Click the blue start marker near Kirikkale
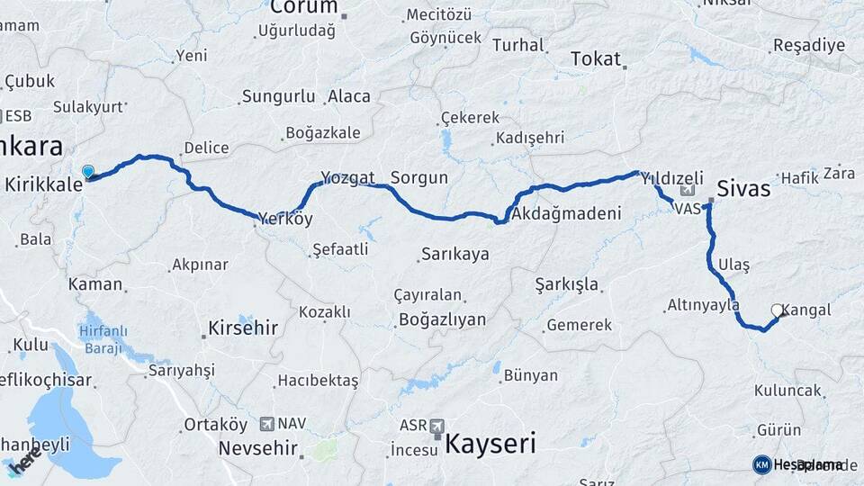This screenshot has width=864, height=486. [x=88, y=171]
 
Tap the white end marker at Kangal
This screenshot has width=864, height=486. [x=777, y=310]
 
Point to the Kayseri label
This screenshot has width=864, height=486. [x=490, y=443]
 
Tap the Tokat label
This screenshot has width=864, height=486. [x=596, y=59]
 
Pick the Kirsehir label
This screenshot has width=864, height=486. [x=243, y=328]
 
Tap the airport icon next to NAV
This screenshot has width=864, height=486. [x=267, y=423]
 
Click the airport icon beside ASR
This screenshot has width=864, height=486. [x=437, y=425]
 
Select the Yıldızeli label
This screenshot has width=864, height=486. [x=672, y=179]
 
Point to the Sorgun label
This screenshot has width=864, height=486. [x=418, y=177]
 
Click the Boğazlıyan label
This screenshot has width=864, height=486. [x=442, y=319]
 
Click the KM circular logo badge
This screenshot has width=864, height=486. [x=762, y=464]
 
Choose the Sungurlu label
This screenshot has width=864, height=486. [x=278, y=96]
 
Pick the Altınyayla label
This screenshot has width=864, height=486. [x=703, y=305]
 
